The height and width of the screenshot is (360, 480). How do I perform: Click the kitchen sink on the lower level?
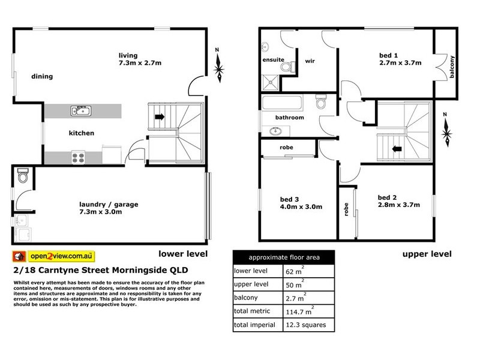point(80,110)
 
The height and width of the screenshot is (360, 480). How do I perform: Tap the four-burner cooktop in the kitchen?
point(79,158)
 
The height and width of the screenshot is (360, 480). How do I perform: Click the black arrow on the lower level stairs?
point(160,118)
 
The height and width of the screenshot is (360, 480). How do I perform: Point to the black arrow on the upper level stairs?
point(396,148)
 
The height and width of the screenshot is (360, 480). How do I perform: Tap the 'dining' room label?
point(43,76)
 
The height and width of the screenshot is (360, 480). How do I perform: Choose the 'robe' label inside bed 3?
point(286,147)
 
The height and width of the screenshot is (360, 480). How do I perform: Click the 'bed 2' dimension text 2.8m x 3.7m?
point(392,206)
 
